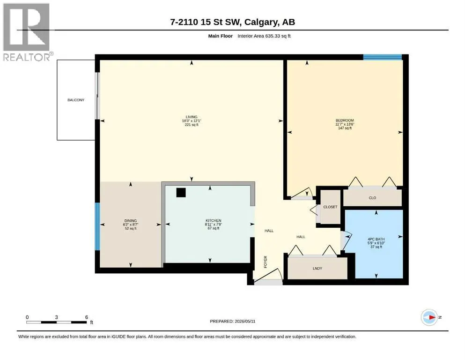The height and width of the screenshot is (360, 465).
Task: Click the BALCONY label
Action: pos(76,100)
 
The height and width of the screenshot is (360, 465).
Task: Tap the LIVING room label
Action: pos(192,117)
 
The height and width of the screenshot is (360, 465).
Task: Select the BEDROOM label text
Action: pos(345,120)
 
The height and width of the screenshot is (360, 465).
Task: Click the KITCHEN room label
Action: pos(214,220)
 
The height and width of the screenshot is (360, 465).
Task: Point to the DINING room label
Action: pos(131,221)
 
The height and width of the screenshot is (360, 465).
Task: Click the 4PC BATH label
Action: pos(376,239)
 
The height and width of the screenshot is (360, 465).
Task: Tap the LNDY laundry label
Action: pos(317,268)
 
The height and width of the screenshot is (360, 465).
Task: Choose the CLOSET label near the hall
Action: pos(330,207)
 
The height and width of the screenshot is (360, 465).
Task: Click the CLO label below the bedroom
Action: pos(372,198)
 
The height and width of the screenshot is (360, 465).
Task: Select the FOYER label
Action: pos(266,262)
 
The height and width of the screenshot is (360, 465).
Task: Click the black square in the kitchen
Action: pos(181,193)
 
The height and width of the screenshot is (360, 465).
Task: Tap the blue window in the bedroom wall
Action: pos(383,57)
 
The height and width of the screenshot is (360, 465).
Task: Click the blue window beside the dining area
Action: pos(97,226)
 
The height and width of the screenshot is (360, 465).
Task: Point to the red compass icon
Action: pos(429,317)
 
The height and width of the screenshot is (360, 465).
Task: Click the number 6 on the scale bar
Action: pos(87,317)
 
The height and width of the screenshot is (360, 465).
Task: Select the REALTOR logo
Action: pos(27,32)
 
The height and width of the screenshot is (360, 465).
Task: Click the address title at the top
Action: pos(232,22)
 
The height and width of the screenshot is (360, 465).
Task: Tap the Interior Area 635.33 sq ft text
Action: pos(264,36)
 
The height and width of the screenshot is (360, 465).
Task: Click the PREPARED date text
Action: pos(232,321)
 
